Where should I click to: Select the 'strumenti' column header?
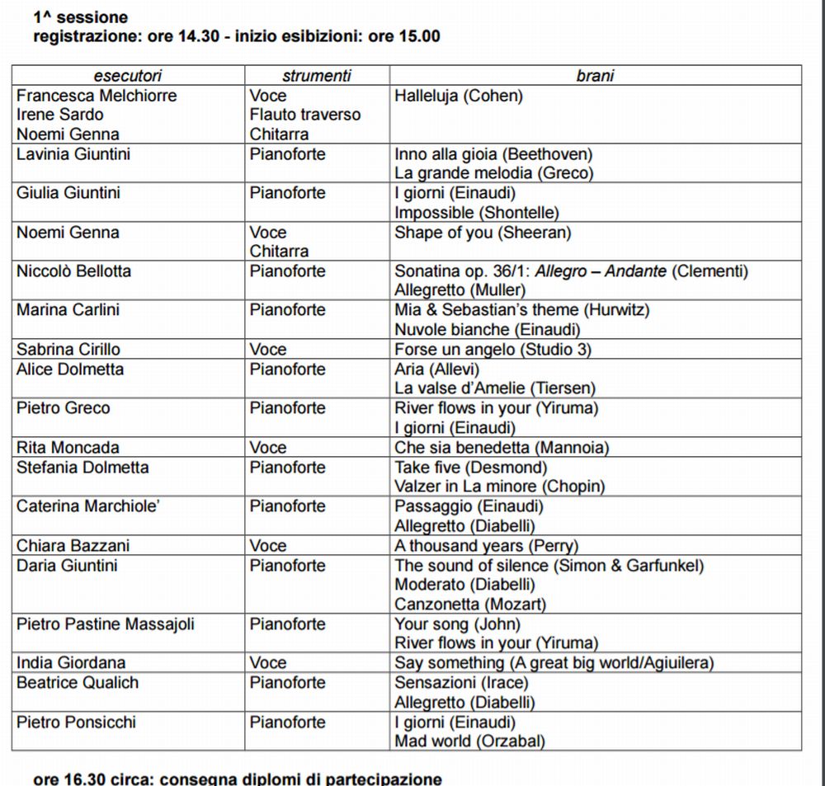click(x=316, y=76)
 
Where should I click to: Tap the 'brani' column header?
click(x=595, y=76)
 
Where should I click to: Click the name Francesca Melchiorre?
click(x=97, y=96)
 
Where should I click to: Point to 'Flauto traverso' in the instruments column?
click(x=305, y=115)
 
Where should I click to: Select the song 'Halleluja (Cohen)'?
click(x=459, y=96)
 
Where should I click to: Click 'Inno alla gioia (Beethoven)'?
click(x=493, y=154)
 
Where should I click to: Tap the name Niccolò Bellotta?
click(x=73, y=271)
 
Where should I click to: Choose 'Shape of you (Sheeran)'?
click(x=483, y=233)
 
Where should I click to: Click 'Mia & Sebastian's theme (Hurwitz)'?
click(x=522, y=310)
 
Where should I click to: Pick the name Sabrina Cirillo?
click(x=68, y=350)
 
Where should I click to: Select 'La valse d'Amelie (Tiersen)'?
click(x=495, y=388)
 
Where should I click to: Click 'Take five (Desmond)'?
click(x=471, y=468)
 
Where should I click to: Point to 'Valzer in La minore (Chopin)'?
click(x=500, y=487)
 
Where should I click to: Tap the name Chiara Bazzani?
click(x=73, y=546)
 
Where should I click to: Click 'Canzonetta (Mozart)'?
click(x=470, y=605)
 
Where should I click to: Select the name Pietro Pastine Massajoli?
click(x=106, y=624)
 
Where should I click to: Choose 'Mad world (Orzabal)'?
click(x=470, y=741)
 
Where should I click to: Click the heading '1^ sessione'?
click(x=81, y=17)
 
